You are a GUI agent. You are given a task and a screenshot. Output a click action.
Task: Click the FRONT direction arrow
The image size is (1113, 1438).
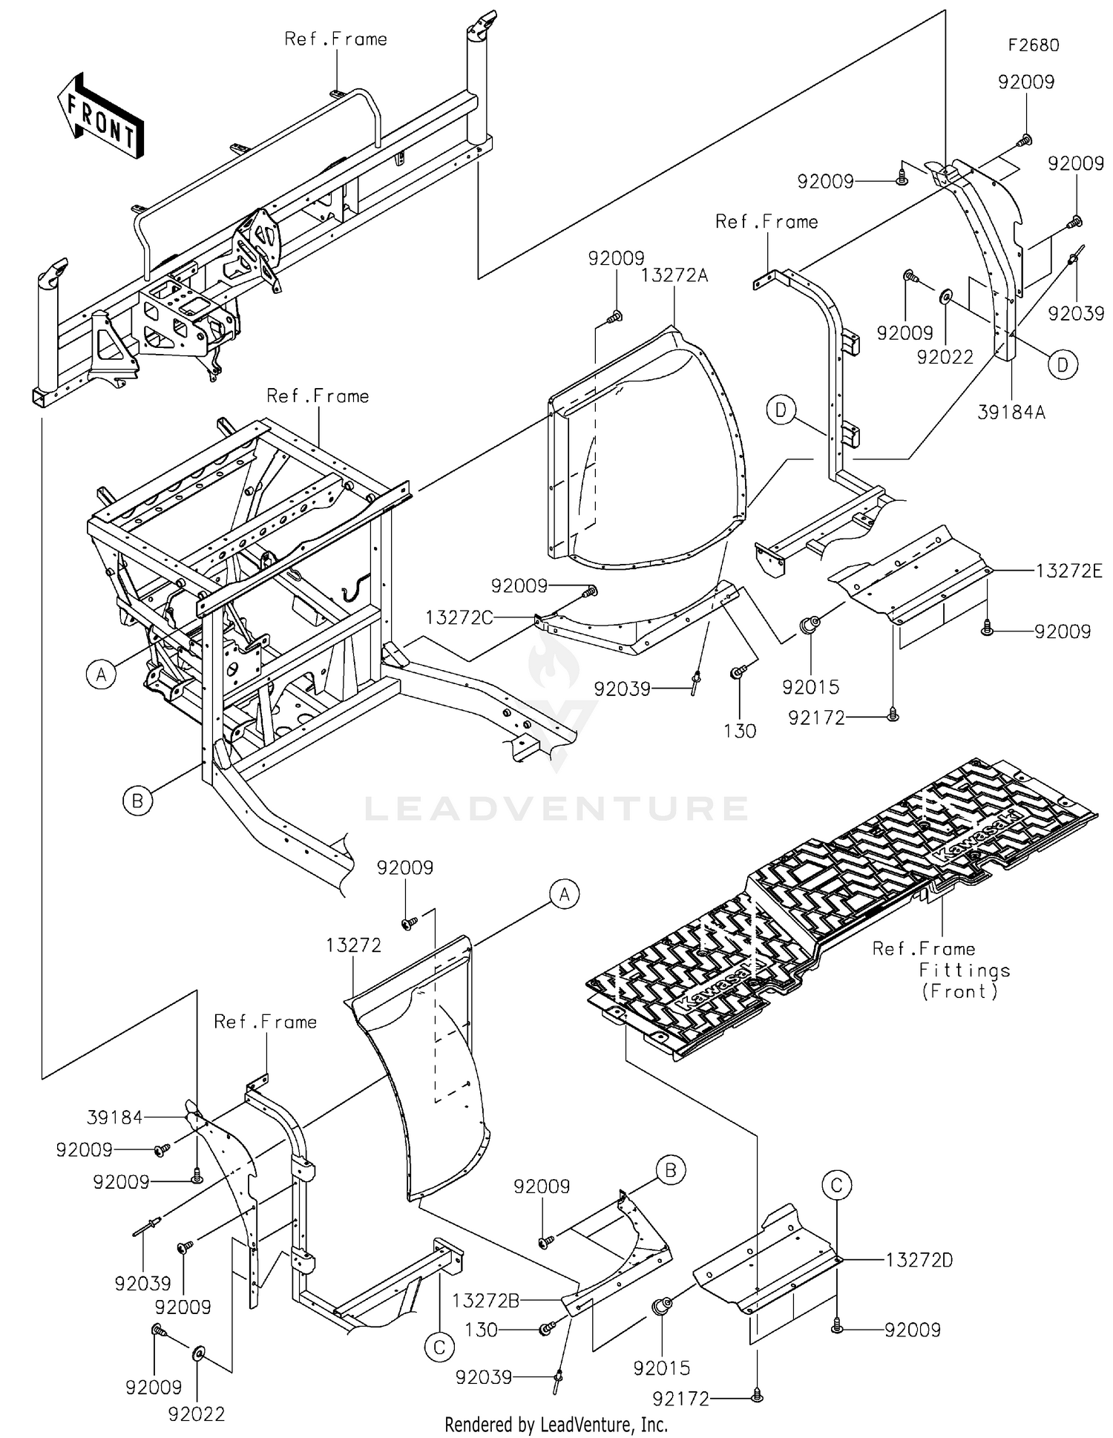coord(100,117)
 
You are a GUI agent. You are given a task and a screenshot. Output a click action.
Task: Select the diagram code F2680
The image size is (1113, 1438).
coord(1033,45)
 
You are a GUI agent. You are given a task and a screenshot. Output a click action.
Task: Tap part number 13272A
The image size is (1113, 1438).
coord(674,276)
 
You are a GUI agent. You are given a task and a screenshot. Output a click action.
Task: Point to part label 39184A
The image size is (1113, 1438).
coord(1011,413)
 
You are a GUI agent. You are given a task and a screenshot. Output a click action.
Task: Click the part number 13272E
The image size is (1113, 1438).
coord(1069,571)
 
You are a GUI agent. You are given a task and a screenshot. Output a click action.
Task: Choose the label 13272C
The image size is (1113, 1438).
coord(459,617)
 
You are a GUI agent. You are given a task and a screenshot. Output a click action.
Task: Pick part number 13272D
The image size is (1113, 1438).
coord(919,1260)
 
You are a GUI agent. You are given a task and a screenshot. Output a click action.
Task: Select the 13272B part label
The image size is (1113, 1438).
coord(485,1300)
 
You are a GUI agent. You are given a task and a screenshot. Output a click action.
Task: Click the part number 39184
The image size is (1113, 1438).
coord(114,1117)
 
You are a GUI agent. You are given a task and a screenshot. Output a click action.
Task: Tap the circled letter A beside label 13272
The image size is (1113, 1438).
coord(565,895)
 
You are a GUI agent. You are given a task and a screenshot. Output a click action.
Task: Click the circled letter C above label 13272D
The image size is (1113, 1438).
coord(836,1185)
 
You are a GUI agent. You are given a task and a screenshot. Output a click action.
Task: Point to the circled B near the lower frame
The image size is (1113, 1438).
coord(137,801)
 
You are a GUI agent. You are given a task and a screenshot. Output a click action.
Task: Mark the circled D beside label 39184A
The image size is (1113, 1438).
coord(1063,365)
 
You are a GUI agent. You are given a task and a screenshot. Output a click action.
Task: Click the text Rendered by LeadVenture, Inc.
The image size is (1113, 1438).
coord(556,1425)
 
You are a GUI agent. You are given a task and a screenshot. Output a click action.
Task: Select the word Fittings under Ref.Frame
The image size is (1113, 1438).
coord(964,971)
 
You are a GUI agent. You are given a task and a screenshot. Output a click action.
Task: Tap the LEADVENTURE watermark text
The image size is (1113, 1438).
coord(556,808)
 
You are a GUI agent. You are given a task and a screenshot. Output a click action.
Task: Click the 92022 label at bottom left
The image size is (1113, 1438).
coord(196,1414)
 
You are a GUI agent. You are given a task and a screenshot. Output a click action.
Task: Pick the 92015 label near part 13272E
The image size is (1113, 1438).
coord(810,687)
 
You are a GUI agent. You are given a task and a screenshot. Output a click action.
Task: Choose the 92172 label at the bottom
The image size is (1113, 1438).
coord(680,1399)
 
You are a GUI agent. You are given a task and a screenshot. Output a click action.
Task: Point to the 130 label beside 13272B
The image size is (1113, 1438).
coord(481,1330)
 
